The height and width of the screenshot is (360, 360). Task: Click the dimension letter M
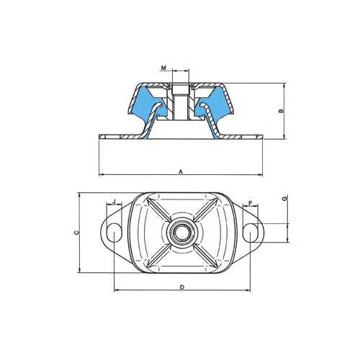(x=163, y=68)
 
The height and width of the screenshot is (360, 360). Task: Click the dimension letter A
(x=181, y=171)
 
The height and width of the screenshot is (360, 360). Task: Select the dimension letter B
(x=282, y=111)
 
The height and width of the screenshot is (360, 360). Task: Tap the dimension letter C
(x=76, y=233)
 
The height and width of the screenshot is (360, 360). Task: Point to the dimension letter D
(x=182, y=287)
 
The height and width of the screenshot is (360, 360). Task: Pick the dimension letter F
(x=251, y=203)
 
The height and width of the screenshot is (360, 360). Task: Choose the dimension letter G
(x=284, y=199)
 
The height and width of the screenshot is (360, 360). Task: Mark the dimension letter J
(x=114, y=201)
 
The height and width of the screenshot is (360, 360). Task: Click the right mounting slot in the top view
(x=250, y=233)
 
